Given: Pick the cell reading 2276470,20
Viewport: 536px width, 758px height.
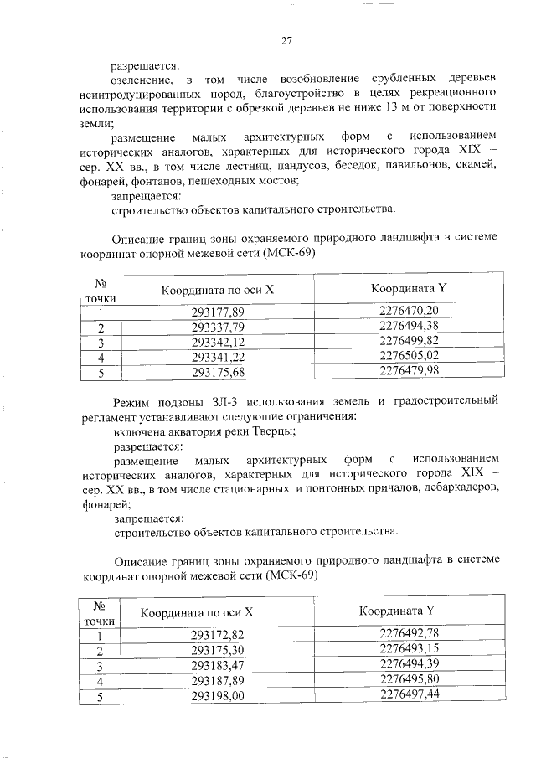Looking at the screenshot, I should tap(409, 311).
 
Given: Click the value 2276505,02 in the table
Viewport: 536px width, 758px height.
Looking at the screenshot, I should tap(409, 355).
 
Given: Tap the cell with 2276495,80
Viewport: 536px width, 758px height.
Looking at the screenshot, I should tap(409, 679).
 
